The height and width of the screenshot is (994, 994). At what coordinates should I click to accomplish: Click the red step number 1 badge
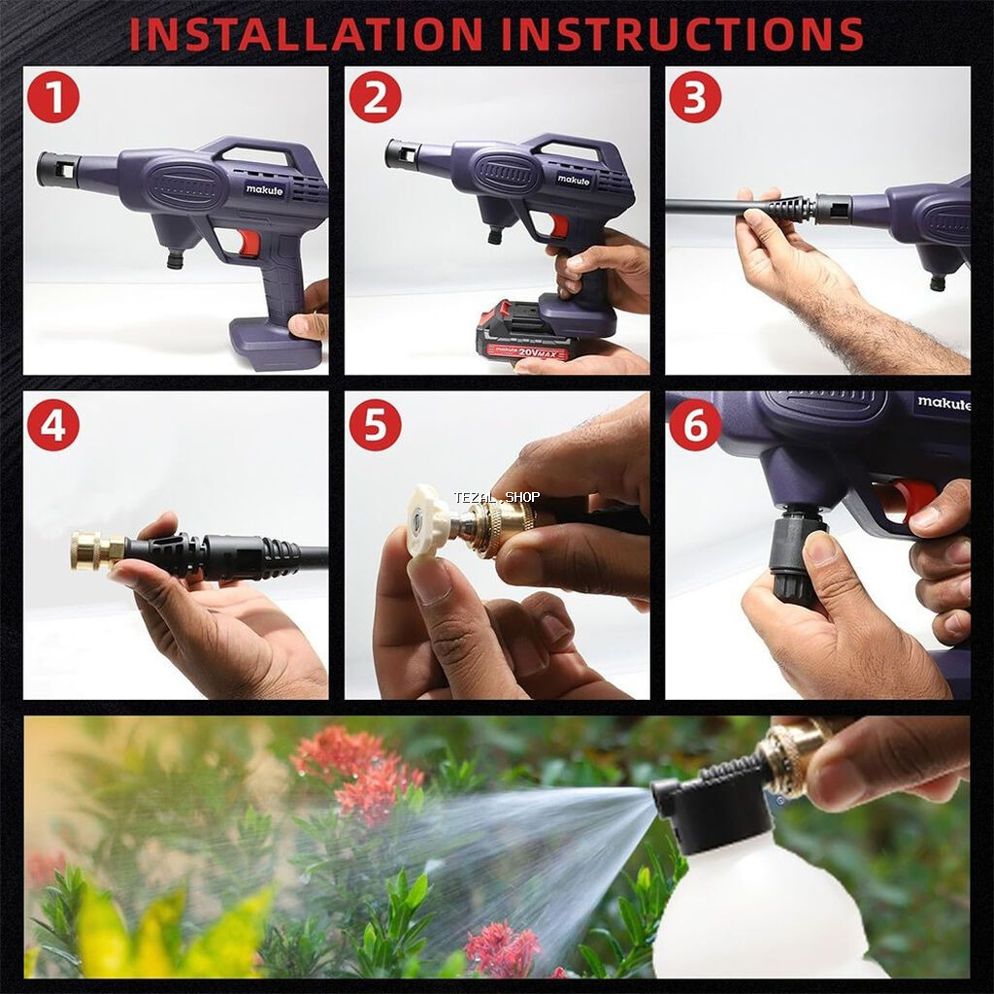53,97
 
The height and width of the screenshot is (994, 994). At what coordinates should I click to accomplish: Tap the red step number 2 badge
376,97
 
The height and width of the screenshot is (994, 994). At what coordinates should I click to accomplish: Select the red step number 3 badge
695,97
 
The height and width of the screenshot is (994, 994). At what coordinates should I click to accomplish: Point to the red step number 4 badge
53,424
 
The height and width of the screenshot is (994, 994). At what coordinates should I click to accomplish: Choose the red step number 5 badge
376,424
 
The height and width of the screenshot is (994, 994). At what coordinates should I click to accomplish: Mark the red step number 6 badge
695,424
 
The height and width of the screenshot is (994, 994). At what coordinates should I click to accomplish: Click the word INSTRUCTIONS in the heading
682,34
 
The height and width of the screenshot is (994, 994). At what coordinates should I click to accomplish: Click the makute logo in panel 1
265,189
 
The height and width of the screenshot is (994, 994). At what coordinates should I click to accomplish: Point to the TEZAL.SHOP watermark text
496,498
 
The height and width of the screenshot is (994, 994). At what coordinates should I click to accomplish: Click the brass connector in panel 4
97,549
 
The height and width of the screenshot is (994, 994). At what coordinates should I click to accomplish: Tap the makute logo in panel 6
944,403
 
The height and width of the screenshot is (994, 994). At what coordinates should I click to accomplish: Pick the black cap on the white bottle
713,812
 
